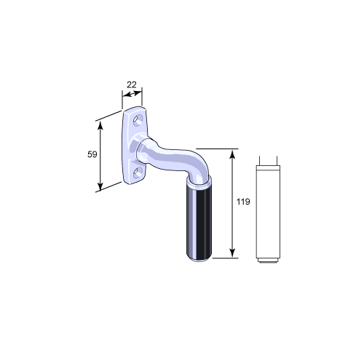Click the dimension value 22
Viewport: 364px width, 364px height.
pos(132,85)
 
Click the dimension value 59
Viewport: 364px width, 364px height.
pos(92,154)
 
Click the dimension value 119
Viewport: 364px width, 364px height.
pos(243,202)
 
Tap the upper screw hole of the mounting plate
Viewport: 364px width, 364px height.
pos(138,120)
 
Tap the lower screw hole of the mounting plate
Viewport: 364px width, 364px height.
pos(138,173)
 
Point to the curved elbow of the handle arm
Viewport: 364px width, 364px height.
pos(199,165)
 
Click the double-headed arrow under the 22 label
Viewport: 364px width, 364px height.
pos(132,94)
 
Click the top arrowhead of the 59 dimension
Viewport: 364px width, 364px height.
pos(100,124)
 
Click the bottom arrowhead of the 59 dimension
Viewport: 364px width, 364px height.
pos(100,186)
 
